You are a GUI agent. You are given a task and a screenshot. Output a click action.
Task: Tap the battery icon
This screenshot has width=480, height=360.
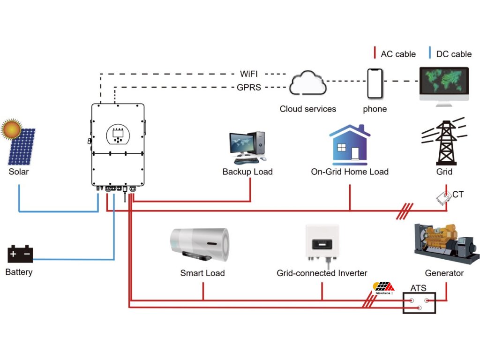pos(20,254)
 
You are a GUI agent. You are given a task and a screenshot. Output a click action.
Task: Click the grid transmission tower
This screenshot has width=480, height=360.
pos(444,142)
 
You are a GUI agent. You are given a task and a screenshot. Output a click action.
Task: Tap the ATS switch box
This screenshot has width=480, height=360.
pos(419,303)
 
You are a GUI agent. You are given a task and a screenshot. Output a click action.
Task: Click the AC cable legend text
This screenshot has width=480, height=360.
pos(398,54)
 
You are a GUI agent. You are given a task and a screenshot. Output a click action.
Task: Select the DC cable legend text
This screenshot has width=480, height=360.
pos(454,54)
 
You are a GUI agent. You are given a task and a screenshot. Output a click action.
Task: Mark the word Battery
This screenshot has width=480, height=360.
pos(19,272)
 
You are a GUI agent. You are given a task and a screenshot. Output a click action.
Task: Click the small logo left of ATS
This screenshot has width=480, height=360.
pos(383,288)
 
